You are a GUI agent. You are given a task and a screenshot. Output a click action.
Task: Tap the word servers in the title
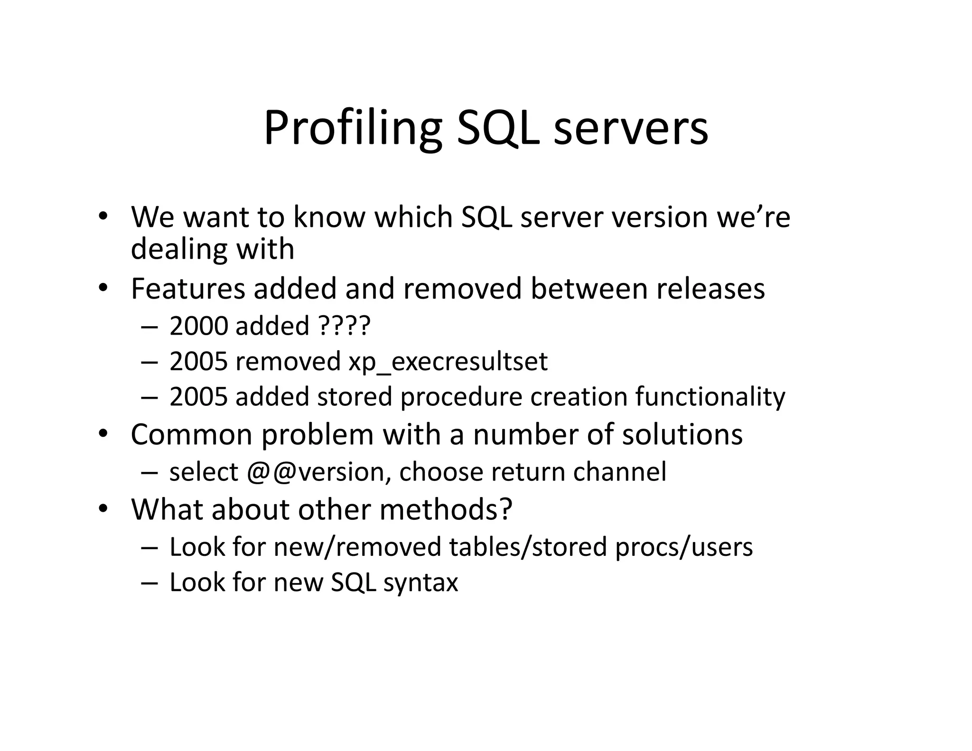coord(631,128)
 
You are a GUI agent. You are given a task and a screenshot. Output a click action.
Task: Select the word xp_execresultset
coord(448,362)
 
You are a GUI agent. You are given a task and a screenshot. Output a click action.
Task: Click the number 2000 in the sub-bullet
coord(199,326)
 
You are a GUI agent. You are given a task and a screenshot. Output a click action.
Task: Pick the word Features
coord(188,289)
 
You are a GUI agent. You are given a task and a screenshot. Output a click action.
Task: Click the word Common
coord(192,434)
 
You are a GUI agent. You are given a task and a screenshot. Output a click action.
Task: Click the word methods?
coord(446,509)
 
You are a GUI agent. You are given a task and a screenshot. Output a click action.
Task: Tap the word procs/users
coord(684,547)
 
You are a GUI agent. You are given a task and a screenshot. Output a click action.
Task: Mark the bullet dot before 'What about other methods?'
coord(103,509)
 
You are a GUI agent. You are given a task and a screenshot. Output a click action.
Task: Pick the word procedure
coord(461,397)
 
